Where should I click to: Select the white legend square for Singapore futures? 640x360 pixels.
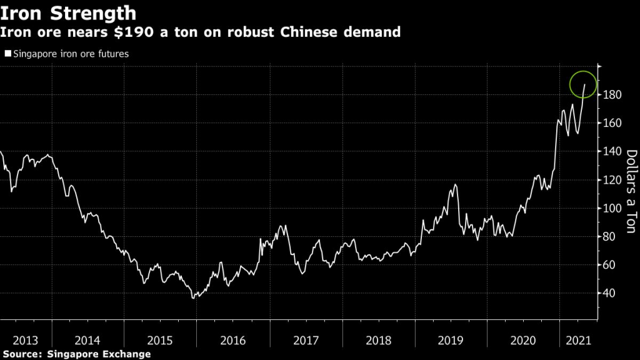click(7, 54)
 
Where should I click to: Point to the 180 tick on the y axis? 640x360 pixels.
click(612, 95)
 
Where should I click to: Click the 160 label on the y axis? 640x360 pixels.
click(612, 123)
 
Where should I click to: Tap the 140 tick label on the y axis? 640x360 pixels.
click(612, 152)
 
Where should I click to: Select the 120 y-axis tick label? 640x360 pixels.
click(612, 180)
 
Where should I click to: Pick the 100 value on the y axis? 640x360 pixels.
click(612, 208)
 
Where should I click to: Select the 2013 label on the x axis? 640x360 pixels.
click(26, 341)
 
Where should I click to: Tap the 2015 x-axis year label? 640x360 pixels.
click(160, 341)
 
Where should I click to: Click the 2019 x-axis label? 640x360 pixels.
click(449, 341)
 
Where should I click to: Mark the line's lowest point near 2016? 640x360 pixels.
click(194, 298)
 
